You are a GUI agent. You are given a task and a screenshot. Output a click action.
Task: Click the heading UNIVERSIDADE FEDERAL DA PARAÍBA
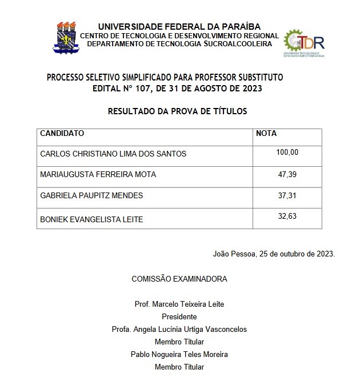179,27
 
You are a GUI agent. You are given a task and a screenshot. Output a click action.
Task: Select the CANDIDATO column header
62,134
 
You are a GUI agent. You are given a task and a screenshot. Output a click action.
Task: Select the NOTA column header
266,134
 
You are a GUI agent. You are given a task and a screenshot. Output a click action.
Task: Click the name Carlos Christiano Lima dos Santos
113,154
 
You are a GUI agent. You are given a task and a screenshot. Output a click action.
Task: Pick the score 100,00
287,152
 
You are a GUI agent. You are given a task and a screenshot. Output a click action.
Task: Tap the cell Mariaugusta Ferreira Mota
98,175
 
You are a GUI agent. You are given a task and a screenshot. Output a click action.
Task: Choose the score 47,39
287,174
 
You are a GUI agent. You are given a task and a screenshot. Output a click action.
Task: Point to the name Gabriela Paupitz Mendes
91,195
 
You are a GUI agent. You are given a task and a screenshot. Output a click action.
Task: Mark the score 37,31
287,195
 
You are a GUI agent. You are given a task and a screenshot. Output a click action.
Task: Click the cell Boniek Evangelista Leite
91,219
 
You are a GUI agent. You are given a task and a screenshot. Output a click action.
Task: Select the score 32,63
287,216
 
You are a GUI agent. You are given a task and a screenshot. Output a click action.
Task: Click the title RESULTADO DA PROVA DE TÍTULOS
178,111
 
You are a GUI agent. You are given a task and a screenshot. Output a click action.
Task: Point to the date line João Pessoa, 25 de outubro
274,254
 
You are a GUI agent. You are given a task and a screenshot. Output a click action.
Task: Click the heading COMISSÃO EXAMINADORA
179,279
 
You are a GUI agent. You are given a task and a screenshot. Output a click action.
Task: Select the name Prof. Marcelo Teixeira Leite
179,304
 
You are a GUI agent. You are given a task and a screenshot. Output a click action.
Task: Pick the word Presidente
179,316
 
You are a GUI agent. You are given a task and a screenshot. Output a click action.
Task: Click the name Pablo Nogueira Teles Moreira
179,354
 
